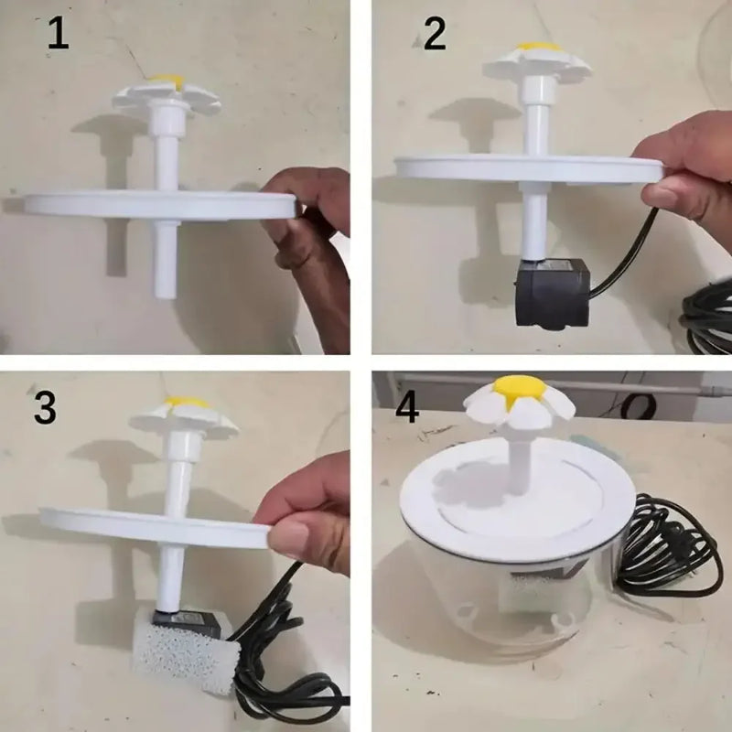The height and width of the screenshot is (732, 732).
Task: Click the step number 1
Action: click(x=57, y=34)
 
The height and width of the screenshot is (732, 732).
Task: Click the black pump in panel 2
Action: click(x=549, y=291)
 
